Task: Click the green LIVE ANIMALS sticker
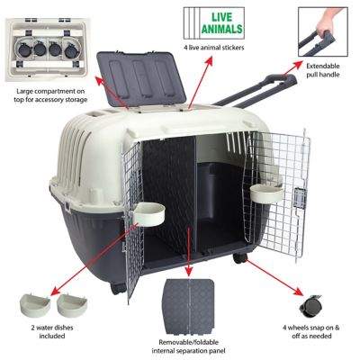tap(237, 20)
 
